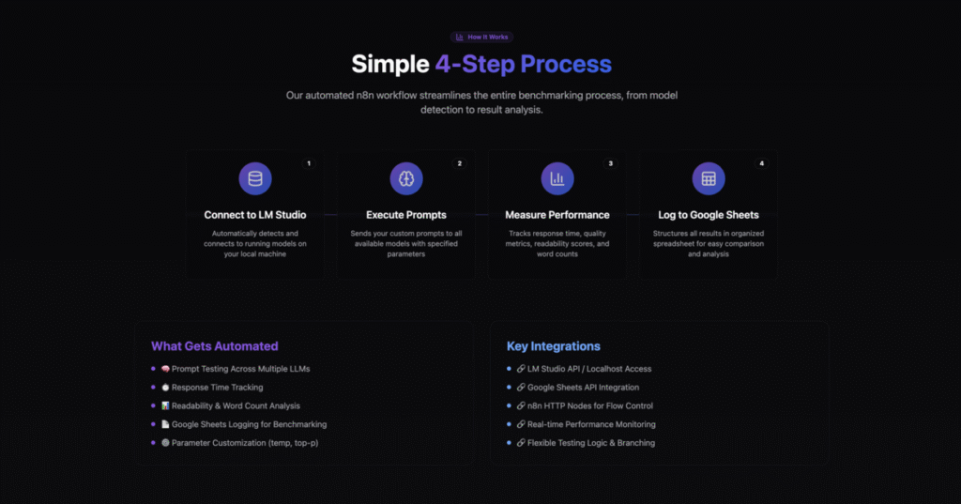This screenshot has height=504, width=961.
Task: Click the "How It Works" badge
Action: point(481,37)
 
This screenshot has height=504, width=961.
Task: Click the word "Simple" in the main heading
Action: point(389,65)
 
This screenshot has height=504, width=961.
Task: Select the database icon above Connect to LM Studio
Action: point(255,178)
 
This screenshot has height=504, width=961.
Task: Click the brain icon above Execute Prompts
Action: point(406,178)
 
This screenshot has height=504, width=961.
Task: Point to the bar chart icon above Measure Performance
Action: point(557,178)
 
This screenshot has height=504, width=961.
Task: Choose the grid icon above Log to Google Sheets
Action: point(709,178)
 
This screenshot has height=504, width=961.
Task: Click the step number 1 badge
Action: point(308,163)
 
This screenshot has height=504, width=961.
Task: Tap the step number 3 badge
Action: point(610,163)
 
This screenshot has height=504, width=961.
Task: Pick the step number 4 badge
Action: point(762,163)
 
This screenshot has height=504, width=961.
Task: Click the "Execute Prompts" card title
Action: point(406,215)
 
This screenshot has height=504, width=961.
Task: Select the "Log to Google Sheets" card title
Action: point(709,215)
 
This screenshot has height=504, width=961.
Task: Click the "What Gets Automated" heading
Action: point(215,346)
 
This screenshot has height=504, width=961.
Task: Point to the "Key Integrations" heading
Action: point(554,346)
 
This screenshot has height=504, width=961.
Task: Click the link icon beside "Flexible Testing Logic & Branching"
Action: point(521,443)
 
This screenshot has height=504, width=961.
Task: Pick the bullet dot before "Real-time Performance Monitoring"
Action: point(509,424)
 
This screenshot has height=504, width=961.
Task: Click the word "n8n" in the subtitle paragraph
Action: point(365,95)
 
